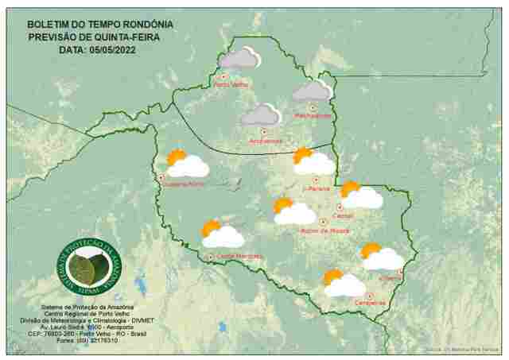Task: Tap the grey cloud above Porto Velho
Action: tap(239, 58)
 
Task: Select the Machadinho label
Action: tap(313, 116)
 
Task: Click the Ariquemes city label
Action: tap(266, 141)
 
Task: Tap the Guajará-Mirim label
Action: tap(184, 184)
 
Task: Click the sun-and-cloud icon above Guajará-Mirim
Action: tap(186, 164)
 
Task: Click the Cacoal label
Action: tap(344, 215)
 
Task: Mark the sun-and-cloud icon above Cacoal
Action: tap(360, 195)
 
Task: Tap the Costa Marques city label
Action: tap(239, 256)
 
